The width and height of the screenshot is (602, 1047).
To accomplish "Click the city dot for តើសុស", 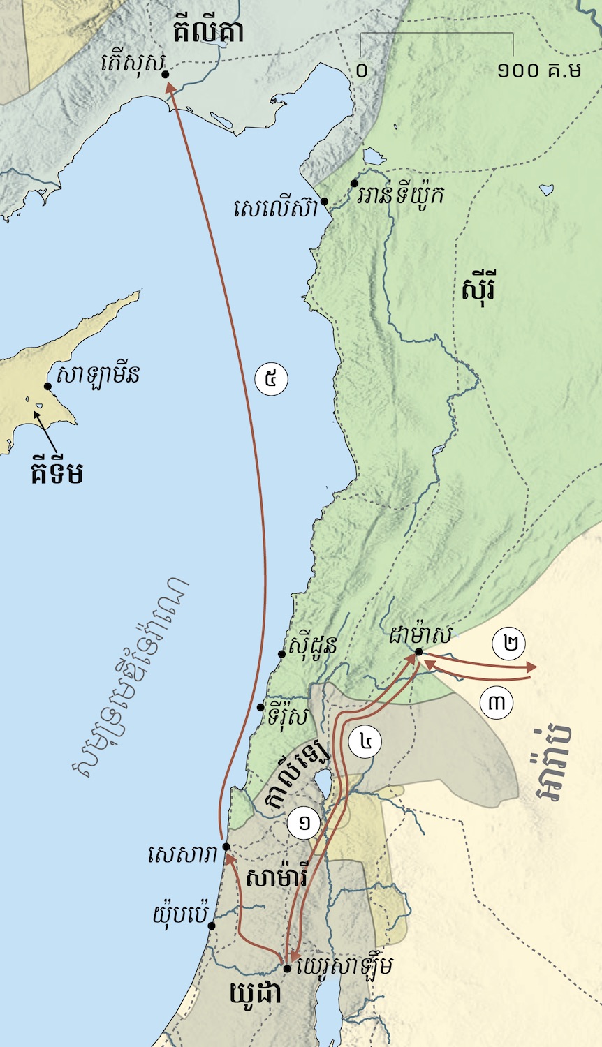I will coord(165,74).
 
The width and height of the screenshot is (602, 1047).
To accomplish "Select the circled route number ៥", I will coord(272,380).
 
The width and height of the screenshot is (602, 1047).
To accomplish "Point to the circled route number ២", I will coord(509,644).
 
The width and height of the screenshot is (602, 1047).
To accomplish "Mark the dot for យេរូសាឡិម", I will coord(286,968).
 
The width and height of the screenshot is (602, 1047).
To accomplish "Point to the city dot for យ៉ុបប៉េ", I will coord(211,926).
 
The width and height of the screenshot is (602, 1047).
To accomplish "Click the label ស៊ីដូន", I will coord(312,644).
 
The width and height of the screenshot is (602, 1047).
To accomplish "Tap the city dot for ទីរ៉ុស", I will coord(260,707).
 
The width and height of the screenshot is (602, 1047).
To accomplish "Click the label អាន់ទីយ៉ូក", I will coord(400,194).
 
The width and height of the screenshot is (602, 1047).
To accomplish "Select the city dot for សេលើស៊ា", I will coord(324,201).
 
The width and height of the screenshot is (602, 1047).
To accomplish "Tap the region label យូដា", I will coord(256,993).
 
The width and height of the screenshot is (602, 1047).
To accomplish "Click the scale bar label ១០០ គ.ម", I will coord(540,70).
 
